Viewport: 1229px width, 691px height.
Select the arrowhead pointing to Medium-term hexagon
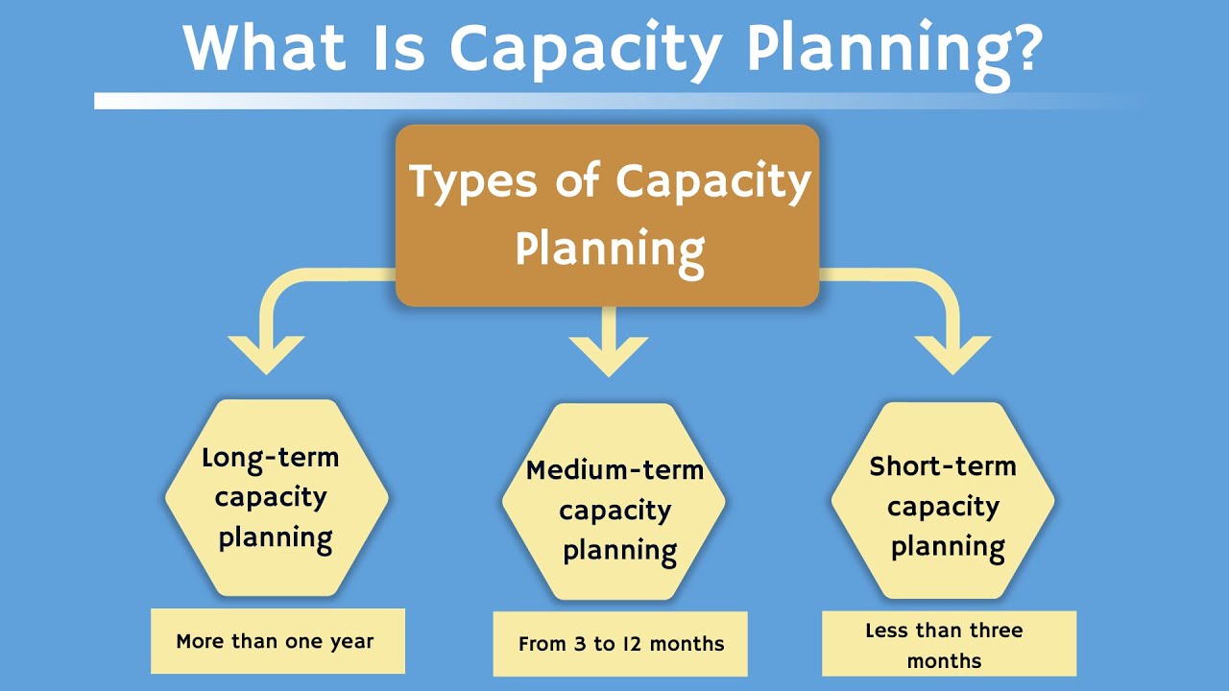(x=608, y=356)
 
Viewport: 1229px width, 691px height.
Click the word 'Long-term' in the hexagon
(x=271, y=458)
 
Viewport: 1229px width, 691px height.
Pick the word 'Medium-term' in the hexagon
(x=614, y=470)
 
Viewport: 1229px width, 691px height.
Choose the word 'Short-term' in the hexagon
(x=943, y=466)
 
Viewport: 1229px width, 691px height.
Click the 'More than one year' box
(x=277, y=641)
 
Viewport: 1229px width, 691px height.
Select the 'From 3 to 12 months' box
(x=619, y=644)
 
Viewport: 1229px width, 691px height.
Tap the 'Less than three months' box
(x=949, y=644)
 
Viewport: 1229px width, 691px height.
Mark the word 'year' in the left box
(x=351, y=642)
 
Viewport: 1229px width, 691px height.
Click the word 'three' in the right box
(x=995, y=631)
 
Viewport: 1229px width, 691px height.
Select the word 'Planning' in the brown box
(x=610, y=250)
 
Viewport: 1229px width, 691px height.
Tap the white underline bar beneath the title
(x=614, y=101)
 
